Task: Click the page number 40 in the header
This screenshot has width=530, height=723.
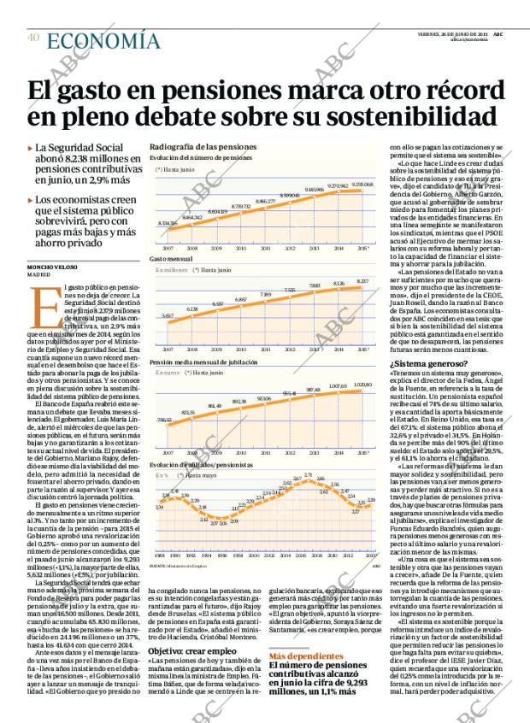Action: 33,38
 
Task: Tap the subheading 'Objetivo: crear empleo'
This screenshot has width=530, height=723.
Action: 186,626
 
